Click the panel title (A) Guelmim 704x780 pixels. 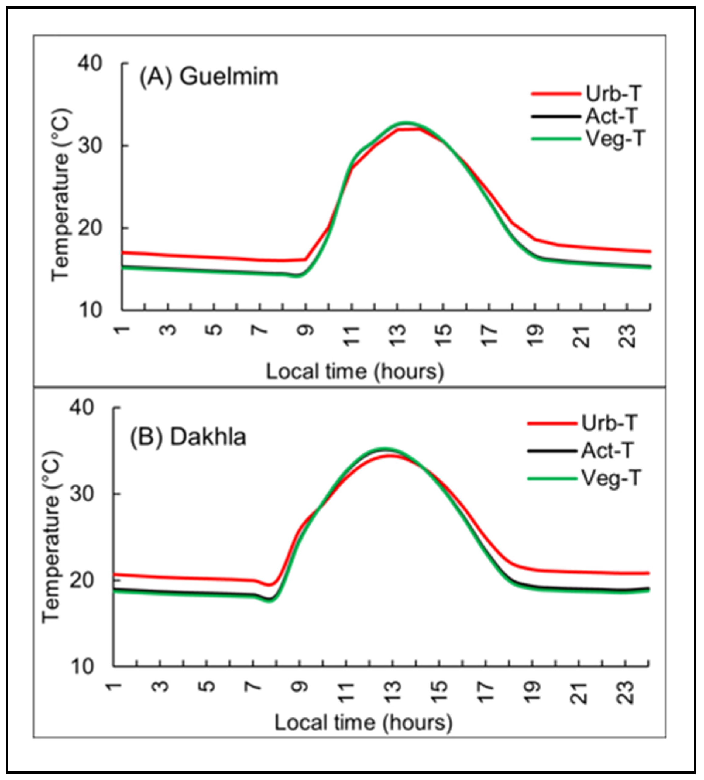point(208,77)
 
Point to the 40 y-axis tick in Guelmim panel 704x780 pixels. point(90,63)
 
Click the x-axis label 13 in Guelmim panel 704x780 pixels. point(398,336)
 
